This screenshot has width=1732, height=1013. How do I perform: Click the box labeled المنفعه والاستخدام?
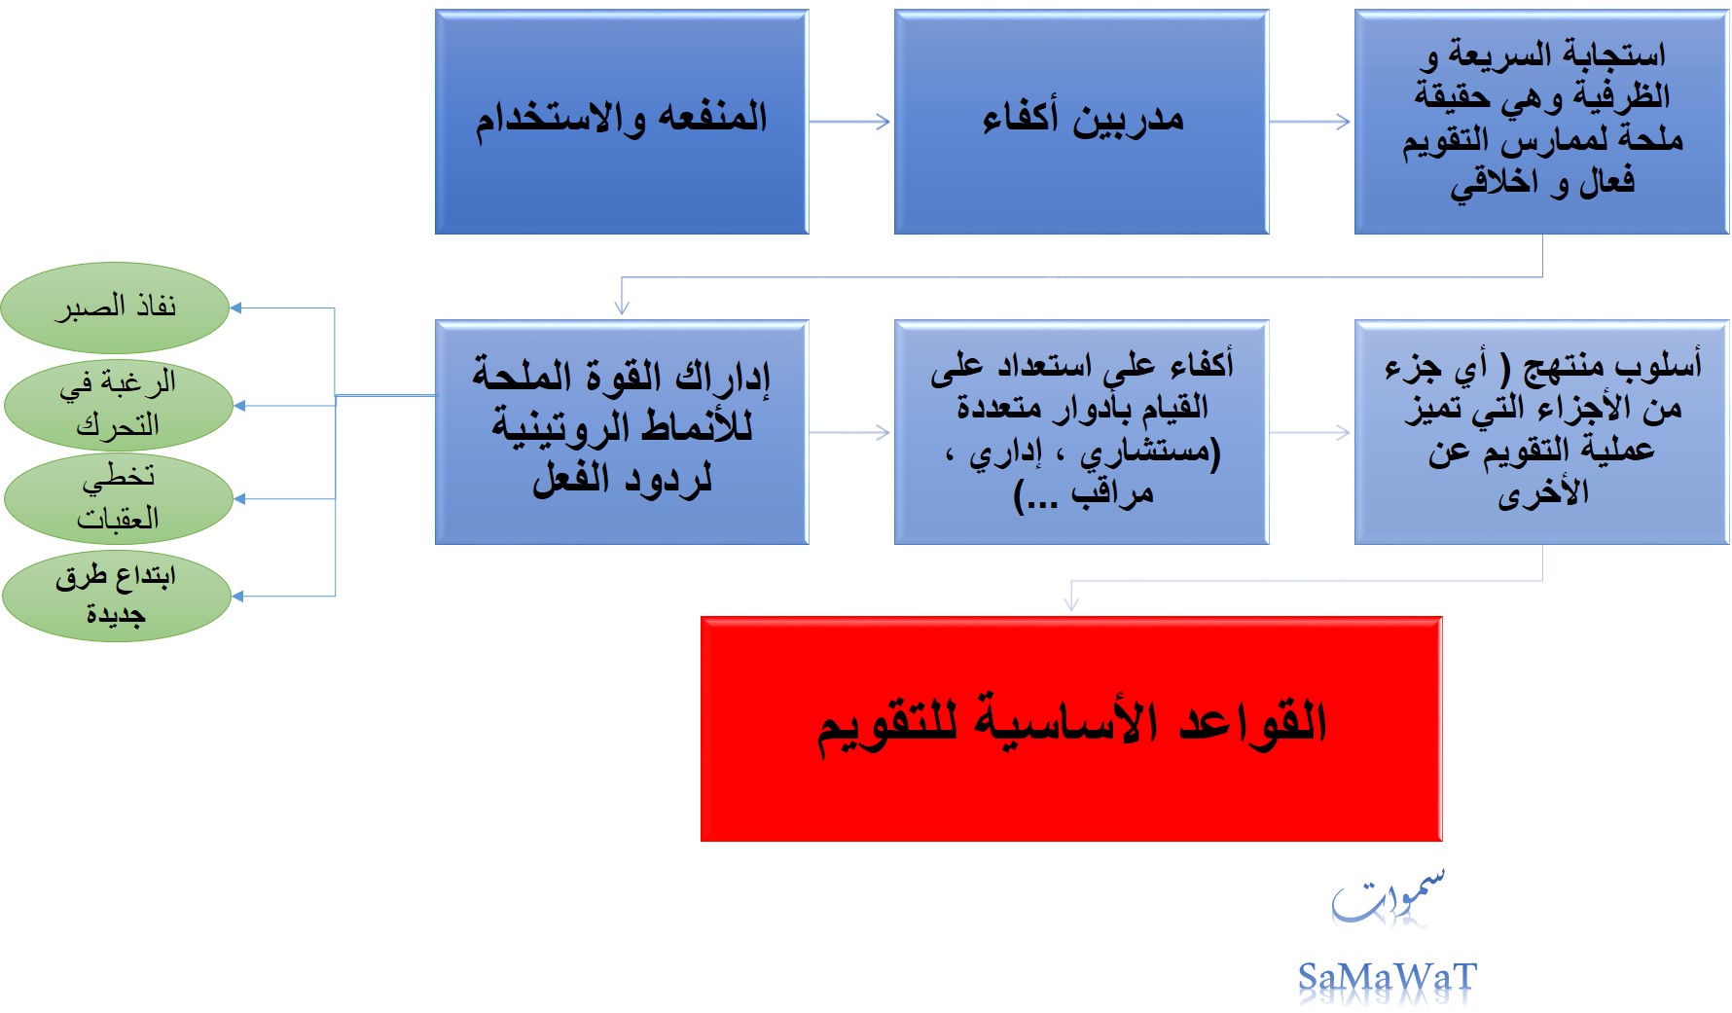coord(622,122)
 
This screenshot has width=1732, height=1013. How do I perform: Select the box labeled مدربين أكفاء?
coord(1081,122)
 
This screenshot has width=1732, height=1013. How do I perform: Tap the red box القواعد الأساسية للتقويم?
coord(1071,729)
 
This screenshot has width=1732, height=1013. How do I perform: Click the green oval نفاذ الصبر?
coord(115,308)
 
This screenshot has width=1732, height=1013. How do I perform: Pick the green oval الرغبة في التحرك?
coord(118,404)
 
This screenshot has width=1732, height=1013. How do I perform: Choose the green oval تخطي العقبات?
coord(118,498)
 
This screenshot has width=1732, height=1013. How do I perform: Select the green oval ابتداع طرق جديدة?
coord(117,596)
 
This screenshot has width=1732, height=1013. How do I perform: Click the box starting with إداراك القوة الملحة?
coord(622,432)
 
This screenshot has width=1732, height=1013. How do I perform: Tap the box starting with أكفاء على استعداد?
coord(1081,432)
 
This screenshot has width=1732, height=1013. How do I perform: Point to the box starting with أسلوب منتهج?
coord(1541,432)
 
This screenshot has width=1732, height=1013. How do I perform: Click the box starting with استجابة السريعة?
coord(1541,122)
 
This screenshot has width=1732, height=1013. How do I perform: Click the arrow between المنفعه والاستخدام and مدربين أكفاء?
coord(850,122)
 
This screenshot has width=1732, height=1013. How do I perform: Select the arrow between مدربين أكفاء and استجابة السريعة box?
coord(1311,122)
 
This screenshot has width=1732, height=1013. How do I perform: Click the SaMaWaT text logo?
coord(1388,977)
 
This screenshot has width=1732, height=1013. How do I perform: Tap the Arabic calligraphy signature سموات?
coord(1388,895)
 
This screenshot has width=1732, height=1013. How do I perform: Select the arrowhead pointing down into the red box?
coord(1071,603)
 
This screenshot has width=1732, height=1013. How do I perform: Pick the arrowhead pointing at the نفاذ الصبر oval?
coord(235,308)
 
